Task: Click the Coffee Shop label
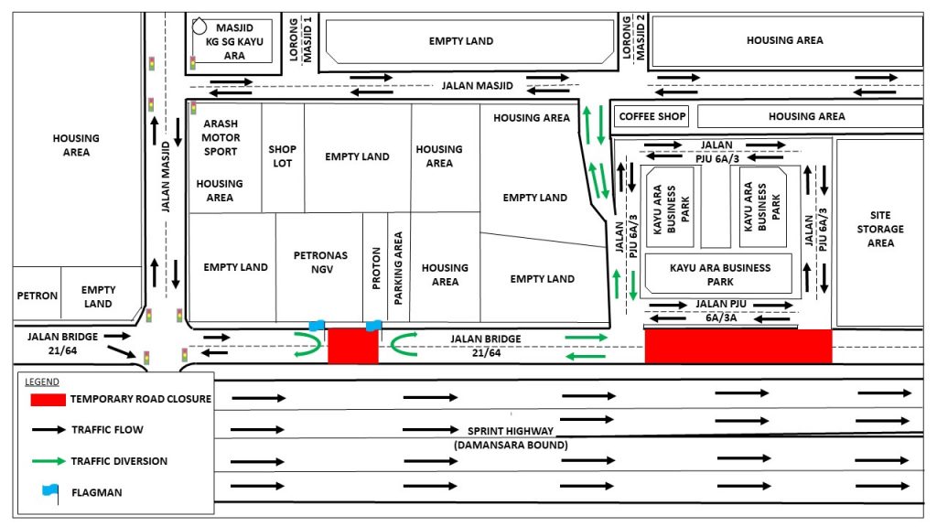[652, 116]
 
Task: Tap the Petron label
[37, 296]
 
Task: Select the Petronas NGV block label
[321, 263]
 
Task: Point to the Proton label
[376, 269]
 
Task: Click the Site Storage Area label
[880, 229]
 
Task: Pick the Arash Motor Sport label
[221, 137]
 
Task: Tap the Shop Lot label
[282, 156]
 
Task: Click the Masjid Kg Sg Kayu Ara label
[234, 42]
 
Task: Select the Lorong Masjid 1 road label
[300, 39]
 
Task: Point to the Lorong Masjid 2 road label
[633, 38]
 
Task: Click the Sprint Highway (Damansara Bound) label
[511, 438]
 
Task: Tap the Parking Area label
[398, 268]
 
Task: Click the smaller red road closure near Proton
[353, 345]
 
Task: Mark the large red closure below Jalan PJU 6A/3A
[738, 346]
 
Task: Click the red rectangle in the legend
[48, 400]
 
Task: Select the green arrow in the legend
[48, 461]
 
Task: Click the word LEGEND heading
[42, 382]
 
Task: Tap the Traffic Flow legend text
[108, 430]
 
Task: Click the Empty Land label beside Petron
[98, 297]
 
